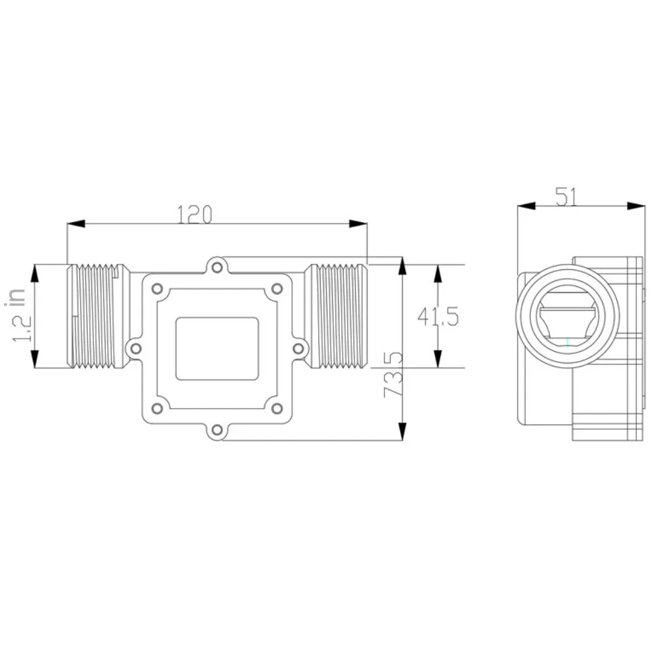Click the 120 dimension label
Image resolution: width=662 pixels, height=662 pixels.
(x=194, y=214)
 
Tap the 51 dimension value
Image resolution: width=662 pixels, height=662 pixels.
(x=565, y=196)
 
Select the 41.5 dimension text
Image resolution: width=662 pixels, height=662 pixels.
(x=438, y=317)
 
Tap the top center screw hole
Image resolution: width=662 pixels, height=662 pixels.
(x=217, y=267)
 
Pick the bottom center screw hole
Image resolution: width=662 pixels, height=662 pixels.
(x=217, y=430)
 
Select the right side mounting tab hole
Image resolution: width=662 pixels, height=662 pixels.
(x=298, y=349)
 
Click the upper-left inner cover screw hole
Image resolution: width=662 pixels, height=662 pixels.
(x=157, y=289)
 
